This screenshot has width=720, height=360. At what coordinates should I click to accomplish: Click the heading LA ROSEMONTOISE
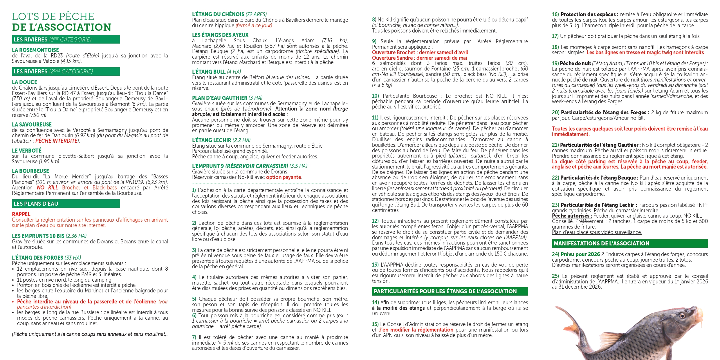coord(35,50)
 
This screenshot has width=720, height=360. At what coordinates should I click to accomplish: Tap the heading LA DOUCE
coord(24,82)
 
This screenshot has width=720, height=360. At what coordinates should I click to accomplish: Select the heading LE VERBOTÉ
coord(26,151)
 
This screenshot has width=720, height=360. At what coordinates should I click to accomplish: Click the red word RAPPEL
coord(21,214)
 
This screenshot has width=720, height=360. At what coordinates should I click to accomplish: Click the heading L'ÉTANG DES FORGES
coord(37,258)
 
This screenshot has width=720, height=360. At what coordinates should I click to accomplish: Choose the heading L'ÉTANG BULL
coord(209,72)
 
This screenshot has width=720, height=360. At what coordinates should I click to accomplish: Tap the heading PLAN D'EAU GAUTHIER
coord(219,98)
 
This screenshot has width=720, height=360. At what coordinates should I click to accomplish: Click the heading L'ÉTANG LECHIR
coord(211,140)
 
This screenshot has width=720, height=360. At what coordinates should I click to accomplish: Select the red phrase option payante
coord(284,177)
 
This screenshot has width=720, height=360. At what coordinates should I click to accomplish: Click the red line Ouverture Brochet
coord(420,53)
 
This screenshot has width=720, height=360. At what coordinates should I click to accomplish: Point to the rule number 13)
coord(376,265)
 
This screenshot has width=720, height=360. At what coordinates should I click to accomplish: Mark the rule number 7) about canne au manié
coord(194,337)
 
